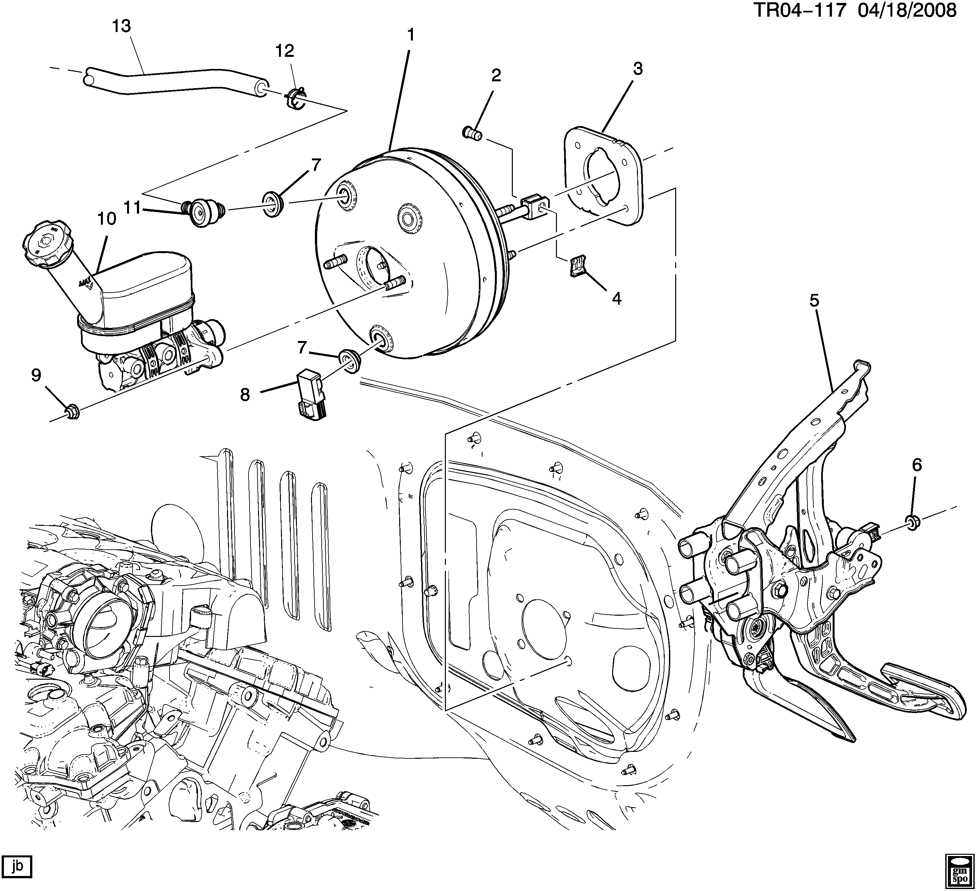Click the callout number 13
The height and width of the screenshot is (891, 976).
point(122,26)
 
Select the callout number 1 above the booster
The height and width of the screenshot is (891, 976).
point(411,35)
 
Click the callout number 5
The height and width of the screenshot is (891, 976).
point(814,301)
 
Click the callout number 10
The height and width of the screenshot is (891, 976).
point(106,219)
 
